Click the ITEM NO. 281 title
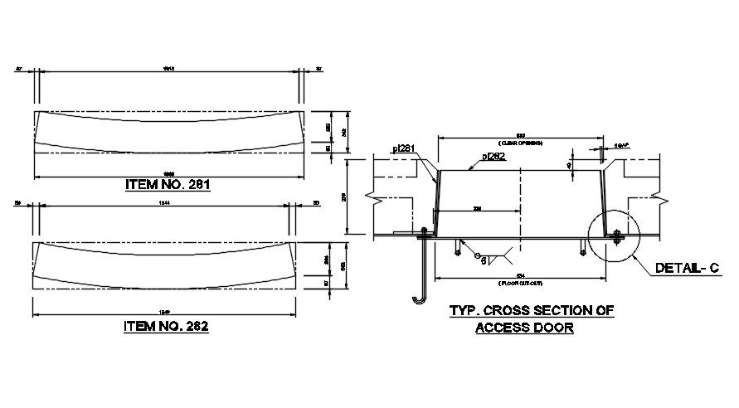(167, 185)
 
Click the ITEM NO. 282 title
(165, 326)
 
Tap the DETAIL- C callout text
(684, 268)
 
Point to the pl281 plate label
(403, 149)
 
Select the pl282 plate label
(494, 156)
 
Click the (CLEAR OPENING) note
(520, 141)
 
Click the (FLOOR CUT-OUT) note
(520, 284)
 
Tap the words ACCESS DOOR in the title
(523, 327)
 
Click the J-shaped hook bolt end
(417, 298)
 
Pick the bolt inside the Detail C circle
(617, 238)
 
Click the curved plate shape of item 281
(167, 132)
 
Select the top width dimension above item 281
(168, 68)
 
